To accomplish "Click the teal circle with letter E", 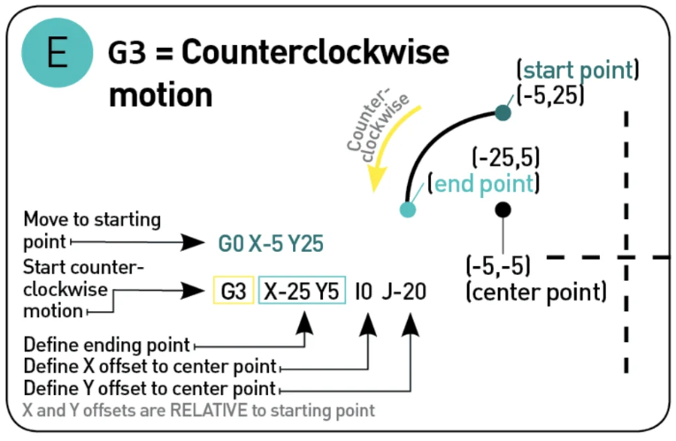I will tap(57, 56).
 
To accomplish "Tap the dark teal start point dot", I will tap(503, 112).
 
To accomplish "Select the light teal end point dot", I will tap(407, 209).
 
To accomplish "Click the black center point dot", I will tap(503, 209).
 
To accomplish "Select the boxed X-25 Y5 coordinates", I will tap(302, 290).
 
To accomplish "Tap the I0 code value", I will tap(365, 290).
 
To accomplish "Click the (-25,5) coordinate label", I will tap(506, 158).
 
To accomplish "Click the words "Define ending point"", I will tap(107, 344).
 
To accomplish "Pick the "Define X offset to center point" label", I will tap(150, 366).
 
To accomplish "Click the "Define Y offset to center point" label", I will tap(150, 388).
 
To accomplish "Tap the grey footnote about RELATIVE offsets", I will tap(199, 410).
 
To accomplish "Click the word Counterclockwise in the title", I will tap(315, 55).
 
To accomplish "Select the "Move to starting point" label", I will tap(92, 228).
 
